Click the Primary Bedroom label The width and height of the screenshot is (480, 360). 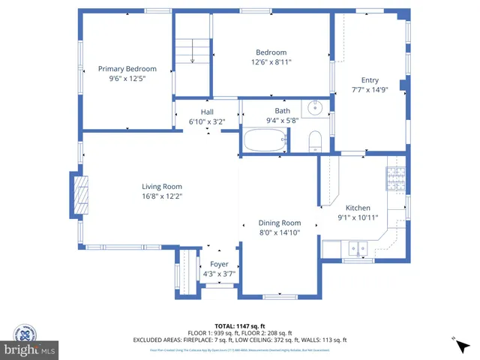(127, 69)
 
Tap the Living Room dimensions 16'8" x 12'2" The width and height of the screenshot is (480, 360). (162, 196)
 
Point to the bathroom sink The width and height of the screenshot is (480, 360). (316, 108)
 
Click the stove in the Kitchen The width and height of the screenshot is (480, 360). (395, 178)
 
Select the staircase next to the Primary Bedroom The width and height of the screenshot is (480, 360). (191, 51)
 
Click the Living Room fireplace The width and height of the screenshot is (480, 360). (79, 196)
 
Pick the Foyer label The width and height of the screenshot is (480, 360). (219, 264)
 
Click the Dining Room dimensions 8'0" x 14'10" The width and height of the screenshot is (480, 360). (280, 232)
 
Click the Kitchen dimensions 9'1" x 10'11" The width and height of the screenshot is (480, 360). (357, 217)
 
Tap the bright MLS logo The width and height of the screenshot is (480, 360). (30, 349)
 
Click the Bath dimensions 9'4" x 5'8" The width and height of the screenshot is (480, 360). (282, 120)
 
